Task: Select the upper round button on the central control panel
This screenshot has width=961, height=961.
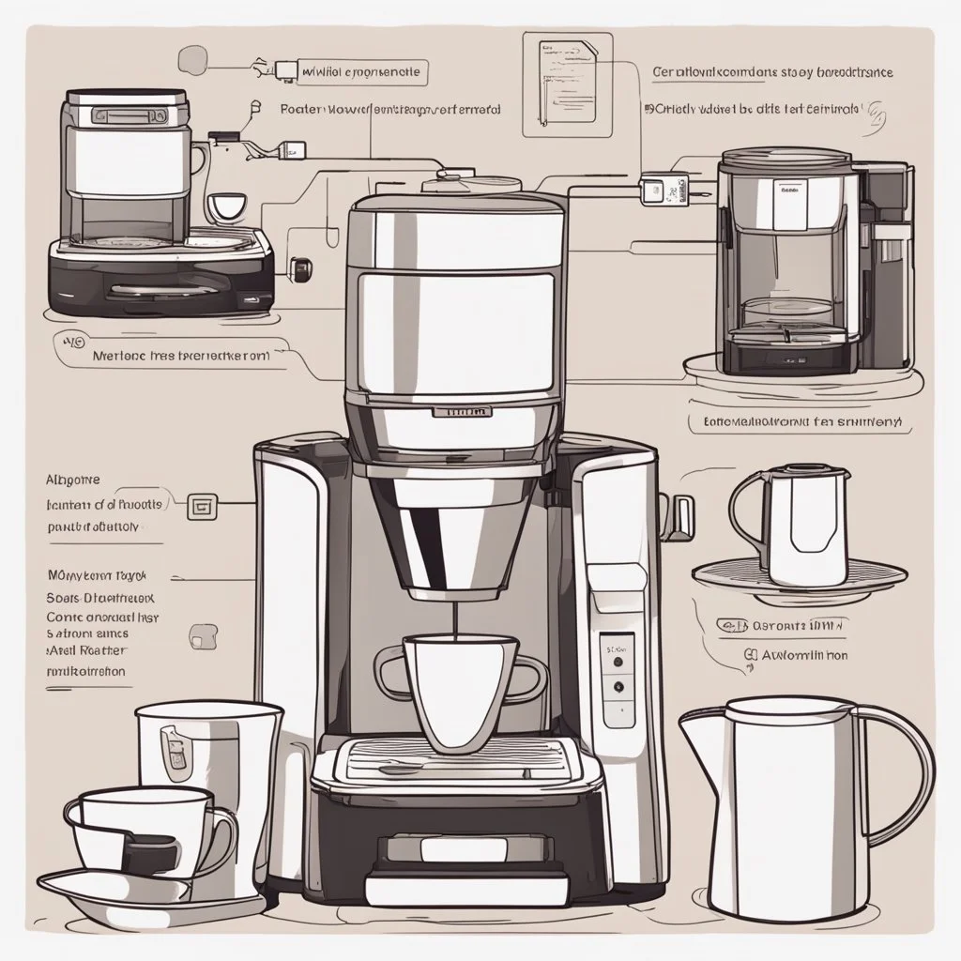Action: click(618, 661)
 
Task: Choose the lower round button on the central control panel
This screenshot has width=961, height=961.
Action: click(618, 687)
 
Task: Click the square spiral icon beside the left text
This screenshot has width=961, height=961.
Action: click(202, 507)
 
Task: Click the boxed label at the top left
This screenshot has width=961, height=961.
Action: click(362, 70)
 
